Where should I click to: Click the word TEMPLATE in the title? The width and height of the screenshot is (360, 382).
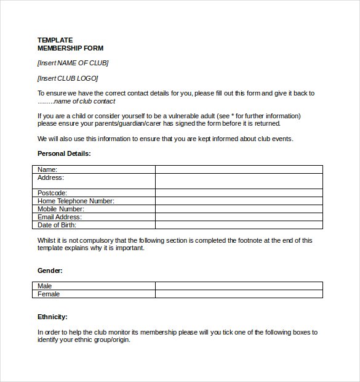55,40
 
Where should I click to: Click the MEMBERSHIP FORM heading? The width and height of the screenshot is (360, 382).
70,48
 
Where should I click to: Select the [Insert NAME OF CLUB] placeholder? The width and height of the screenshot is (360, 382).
73,63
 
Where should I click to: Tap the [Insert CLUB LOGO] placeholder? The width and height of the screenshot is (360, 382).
68,78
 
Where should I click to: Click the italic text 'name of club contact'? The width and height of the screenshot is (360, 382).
84,101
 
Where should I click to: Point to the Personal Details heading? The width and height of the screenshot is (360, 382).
64,153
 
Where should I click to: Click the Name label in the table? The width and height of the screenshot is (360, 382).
47,169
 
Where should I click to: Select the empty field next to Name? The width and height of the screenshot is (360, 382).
239,169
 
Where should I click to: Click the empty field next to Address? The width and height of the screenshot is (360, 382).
239,181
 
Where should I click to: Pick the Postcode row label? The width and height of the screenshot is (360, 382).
52,193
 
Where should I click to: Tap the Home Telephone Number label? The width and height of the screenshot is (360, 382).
76,201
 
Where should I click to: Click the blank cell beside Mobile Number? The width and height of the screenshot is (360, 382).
239,209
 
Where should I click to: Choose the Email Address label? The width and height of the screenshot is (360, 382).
60,217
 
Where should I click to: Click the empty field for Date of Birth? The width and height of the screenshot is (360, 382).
239,225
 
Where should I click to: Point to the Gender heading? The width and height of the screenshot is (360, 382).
50,270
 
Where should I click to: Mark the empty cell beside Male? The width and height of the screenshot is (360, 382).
239,286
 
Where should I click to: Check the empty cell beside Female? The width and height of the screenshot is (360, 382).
239,294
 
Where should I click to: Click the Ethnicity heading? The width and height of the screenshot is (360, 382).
52,317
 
